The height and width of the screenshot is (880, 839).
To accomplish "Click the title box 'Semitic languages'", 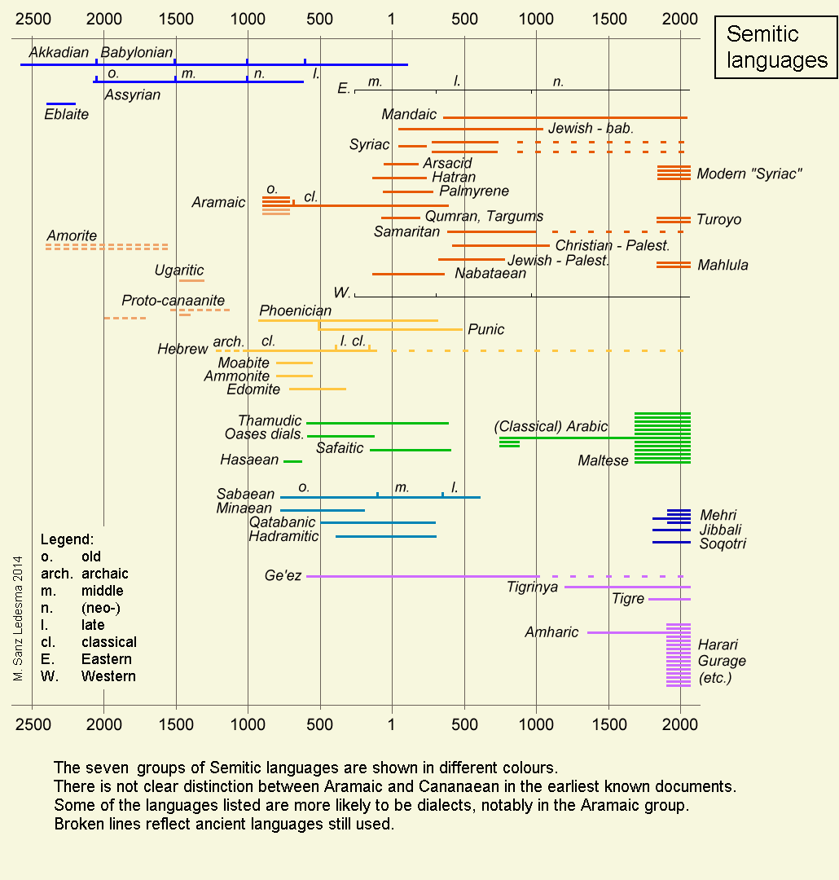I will click(775, 47).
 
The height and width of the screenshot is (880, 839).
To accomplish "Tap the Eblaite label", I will click(67, 115).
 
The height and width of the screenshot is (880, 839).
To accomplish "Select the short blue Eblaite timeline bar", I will click(61, 103).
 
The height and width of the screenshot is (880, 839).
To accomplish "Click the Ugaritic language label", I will click(179, 271).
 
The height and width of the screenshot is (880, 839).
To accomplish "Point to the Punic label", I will click(485, 330).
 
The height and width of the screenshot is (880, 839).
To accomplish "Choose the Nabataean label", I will click(490, 274).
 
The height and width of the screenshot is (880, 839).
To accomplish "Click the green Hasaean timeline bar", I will click(292, 461).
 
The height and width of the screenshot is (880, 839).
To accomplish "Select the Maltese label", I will click(603, 461).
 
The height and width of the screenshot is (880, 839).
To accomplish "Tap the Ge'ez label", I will click(283, 576).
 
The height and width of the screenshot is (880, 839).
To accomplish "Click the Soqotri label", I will click(723, 543).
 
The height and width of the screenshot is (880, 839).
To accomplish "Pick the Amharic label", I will click(551, 632).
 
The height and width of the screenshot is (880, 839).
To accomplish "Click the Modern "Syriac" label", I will click(749, 174).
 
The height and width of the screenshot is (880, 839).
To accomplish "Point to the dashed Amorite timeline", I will click(107, 246).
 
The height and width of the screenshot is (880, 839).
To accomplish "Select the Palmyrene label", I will click(474, 191).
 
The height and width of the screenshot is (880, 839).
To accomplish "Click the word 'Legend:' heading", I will click(67, 539).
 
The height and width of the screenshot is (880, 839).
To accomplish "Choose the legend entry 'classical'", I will click(109, 642).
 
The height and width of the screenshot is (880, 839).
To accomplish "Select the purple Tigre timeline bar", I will click(670, 600).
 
